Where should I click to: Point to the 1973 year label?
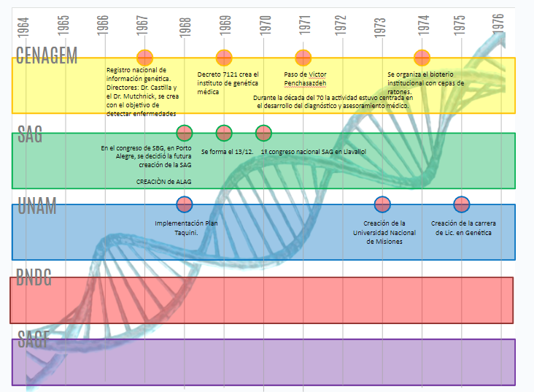tap(381, 26)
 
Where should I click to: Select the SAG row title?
tap(30, 134)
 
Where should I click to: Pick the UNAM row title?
tap(36, 207)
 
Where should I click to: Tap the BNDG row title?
tap(34, 278)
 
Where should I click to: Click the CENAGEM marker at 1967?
tap(145, 57)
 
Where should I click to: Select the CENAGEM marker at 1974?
tap(422, 57)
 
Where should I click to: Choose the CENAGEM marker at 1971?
tap(303, 57)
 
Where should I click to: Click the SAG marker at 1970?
tap(263, 133)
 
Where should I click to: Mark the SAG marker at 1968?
tap(185, 133)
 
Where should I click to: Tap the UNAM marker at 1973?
tap(382, 204)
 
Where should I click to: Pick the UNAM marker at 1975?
tap(461, 204)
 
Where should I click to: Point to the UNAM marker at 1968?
tap(185, 204)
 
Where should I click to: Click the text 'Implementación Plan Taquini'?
tap(186, 228)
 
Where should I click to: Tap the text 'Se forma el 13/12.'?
tap(227, 150)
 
